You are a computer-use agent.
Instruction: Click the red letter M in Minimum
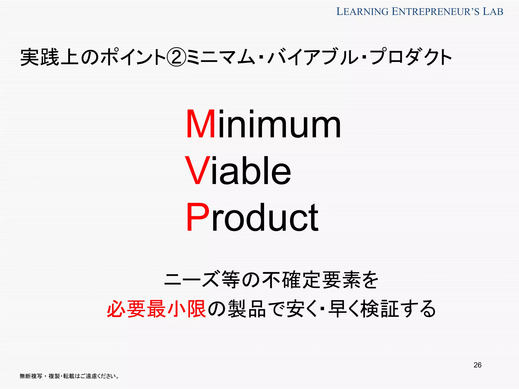pos(200,124)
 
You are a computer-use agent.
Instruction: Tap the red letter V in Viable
pos(198,171)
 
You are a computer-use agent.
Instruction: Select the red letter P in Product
pos(198,217)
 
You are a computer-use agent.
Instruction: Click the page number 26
pos(477,365)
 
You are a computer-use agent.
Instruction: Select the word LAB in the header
pos(493,12)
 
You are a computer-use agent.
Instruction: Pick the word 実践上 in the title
pos(50,57)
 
